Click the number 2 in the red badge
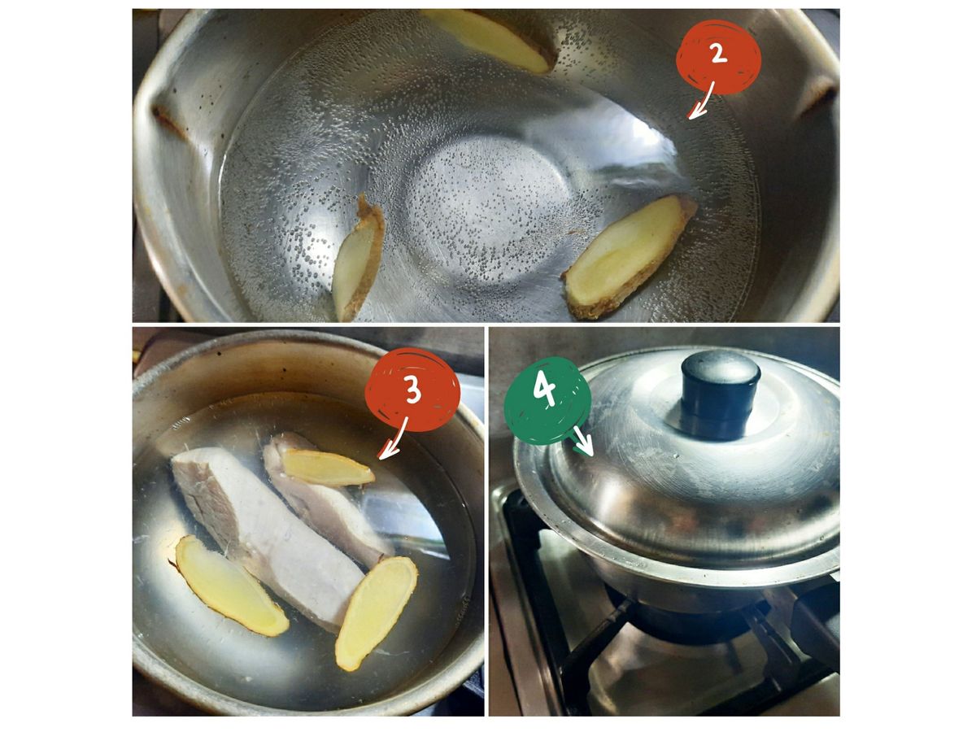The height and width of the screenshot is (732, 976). click(718, 54)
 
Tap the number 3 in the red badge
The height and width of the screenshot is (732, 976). click(413, 390)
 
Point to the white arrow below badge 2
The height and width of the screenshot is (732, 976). click(700, 100)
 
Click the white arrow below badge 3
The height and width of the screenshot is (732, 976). click(392, 438)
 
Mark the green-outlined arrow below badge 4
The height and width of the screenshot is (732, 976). click(583, 442)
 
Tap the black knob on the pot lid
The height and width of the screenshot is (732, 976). click(720, 393)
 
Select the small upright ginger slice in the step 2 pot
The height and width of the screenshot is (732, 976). click(358, 258)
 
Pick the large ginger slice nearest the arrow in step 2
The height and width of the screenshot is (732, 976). click(629, 256)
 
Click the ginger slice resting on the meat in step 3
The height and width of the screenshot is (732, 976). click(327, 467)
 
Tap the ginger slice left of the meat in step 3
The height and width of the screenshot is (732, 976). click(230, 586)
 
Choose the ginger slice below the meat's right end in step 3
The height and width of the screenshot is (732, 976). click(377, 613)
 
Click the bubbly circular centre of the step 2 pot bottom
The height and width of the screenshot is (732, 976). click(487, 211)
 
